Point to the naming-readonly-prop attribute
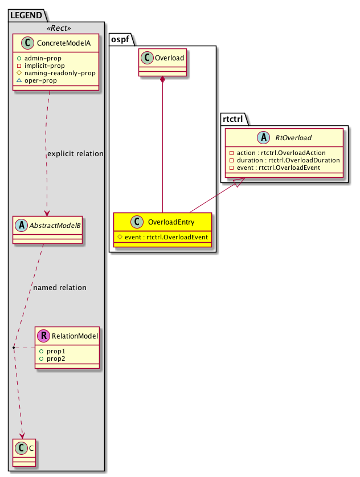[72, 73]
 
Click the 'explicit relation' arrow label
[75, 153]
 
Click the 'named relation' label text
[60, 287]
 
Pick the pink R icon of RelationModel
[43, 336]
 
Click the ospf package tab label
[121, 41]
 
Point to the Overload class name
[170, 56]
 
